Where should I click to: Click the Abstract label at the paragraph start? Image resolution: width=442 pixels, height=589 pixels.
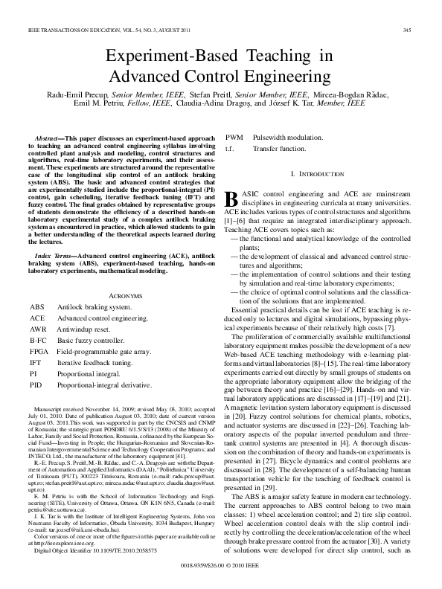(x=51, y=139)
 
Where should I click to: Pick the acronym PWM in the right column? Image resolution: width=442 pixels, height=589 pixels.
(x=234, y=138)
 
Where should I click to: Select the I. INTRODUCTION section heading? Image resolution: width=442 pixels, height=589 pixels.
(x=318, y=173)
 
